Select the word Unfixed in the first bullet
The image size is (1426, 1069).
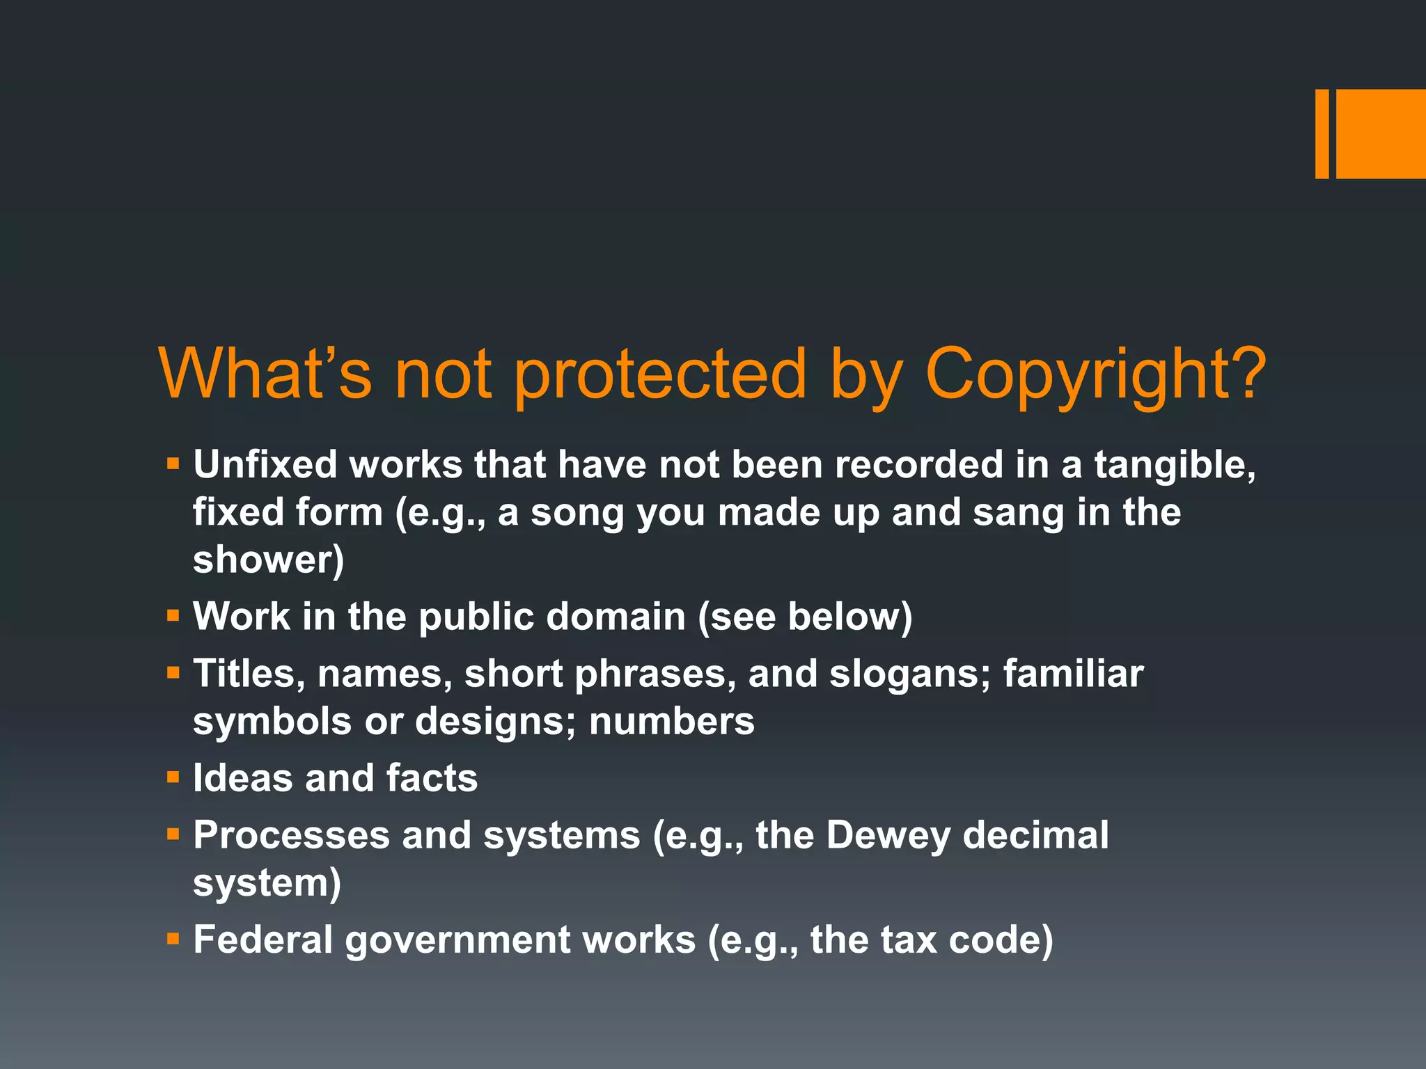point(265,464)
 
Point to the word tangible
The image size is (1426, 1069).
point(1175,466)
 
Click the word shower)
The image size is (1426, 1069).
point(269,560)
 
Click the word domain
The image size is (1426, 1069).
point(616,617)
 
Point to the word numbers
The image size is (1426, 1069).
point(672,721)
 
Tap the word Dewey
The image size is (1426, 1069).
point(888,835)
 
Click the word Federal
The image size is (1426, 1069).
point(263,940)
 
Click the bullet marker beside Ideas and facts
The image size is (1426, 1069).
point(173,777)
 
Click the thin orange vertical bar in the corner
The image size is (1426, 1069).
point(1322,134)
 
